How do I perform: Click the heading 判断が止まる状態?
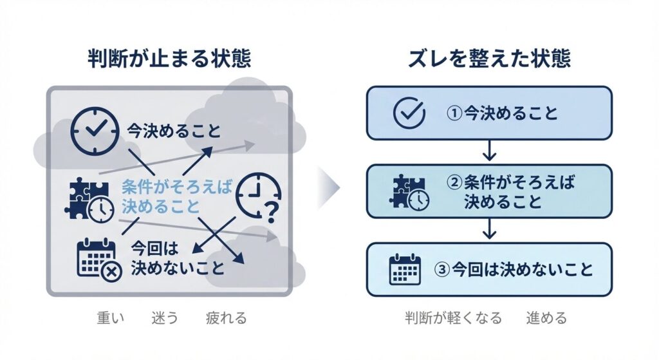169,59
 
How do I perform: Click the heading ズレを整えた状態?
489,59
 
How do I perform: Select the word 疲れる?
226,317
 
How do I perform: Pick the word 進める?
546,317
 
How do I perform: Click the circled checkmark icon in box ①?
409,113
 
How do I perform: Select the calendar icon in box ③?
405,270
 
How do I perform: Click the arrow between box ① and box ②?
489,151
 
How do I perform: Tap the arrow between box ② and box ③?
489,229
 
